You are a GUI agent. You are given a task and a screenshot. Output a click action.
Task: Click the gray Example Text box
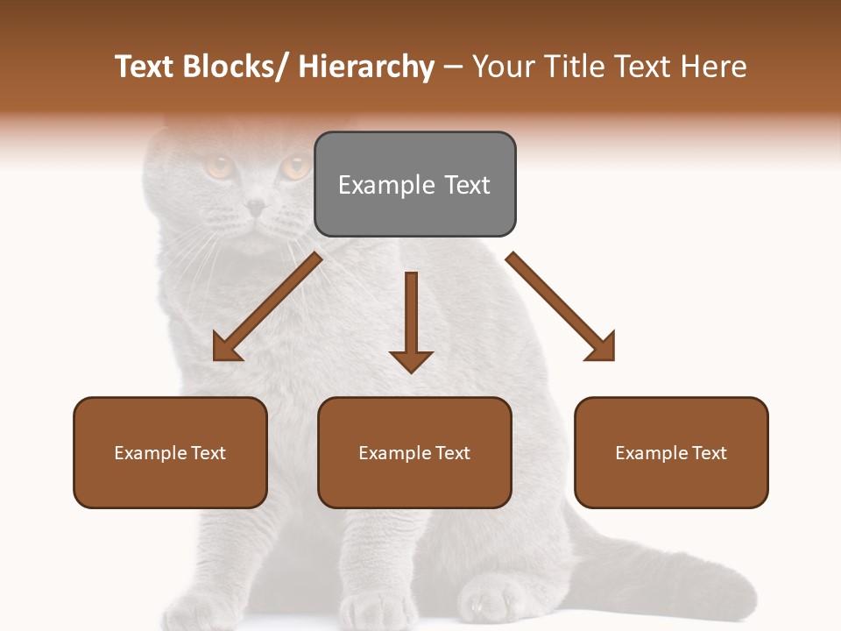tap(414, 184)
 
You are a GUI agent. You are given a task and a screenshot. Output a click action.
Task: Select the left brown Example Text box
tap(170, 452)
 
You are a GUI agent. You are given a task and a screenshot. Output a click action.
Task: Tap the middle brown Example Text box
tap(414, 452)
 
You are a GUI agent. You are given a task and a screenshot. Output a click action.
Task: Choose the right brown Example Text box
tap(671, 452)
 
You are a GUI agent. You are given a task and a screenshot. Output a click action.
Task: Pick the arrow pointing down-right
tap(562, 308)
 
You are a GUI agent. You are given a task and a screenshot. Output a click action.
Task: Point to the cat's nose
tap(255, 208)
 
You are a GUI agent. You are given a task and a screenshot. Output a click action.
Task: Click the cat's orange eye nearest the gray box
tap(294, 166)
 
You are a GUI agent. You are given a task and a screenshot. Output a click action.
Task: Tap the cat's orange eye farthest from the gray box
tap(217, 165)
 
